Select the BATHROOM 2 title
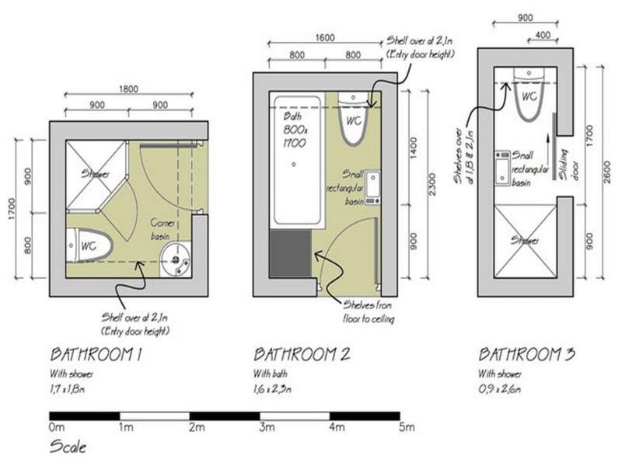302,355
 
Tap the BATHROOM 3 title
526,355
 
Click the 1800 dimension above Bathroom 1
128,89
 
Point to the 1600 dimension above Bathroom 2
326,37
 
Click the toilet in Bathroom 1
89,245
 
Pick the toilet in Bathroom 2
353,120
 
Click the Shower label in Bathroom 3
525,241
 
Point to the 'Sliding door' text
568,164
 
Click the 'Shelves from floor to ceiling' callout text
370,313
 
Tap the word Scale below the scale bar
68,447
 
